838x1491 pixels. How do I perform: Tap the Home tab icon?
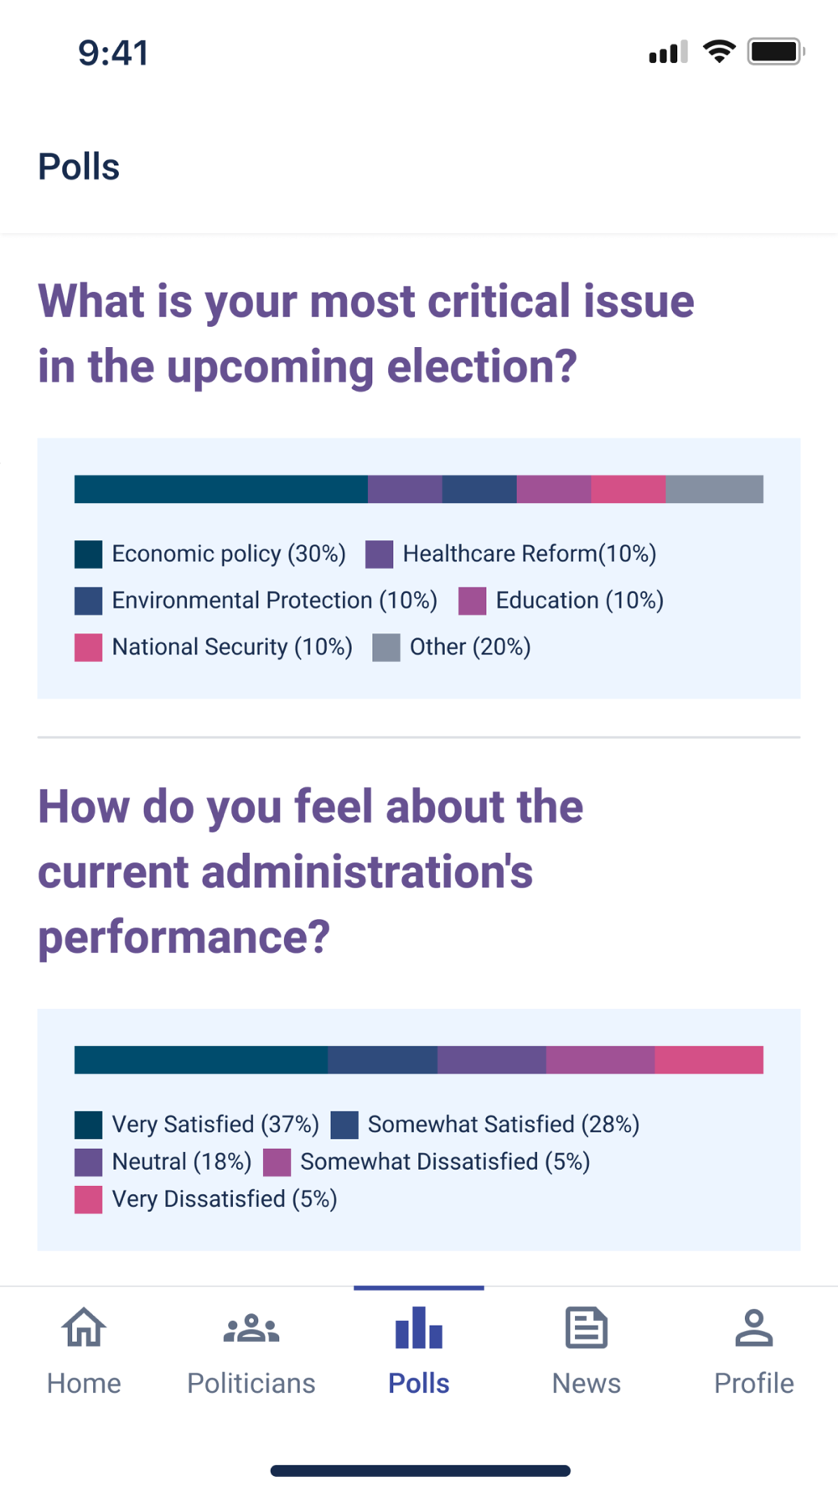[84, 1328]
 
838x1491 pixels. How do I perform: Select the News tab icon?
[586, 1328]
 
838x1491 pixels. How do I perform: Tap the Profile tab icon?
[753, 1328]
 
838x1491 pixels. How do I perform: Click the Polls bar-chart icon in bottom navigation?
[418, 1328]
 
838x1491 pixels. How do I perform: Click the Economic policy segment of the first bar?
[220, 489]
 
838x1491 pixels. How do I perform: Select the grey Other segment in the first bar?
[714, 489]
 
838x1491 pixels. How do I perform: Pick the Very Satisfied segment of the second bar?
[200, 1060]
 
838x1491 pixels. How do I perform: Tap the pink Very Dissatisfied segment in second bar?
[709, 1060]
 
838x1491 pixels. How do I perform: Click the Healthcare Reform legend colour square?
[380, 554]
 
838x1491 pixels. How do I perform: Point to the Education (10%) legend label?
[579, 600]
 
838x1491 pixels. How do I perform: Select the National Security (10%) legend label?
[232, 647]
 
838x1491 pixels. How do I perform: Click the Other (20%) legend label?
[470, 647]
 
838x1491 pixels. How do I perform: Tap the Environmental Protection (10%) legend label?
[274, 600]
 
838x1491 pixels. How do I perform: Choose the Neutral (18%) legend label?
[181, 1161]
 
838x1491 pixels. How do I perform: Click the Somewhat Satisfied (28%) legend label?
[503, 1125]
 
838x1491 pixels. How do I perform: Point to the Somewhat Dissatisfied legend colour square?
[277, 1162]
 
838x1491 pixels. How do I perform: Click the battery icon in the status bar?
[775, 52]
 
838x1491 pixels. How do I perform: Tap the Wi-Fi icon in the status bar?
[718, 52]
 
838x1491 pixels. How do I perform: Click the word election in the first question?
[482, 366]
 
